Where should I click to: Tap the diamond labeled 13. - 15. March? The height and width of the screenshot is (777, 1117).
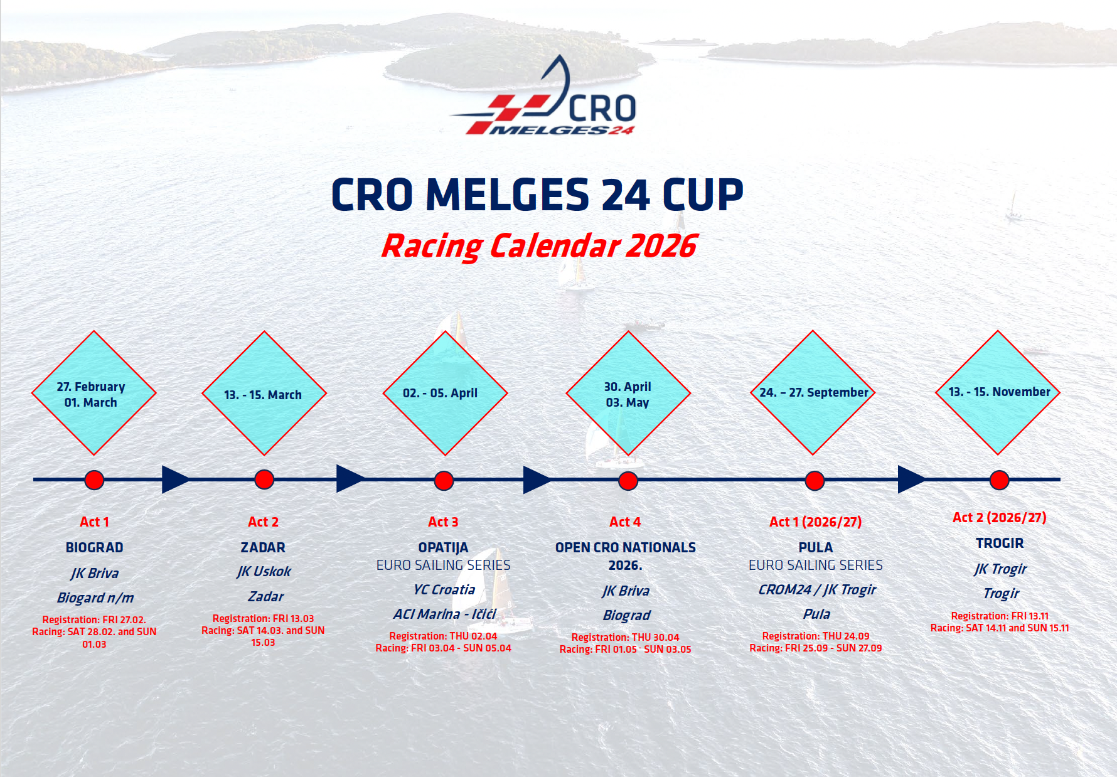tap(264, 394)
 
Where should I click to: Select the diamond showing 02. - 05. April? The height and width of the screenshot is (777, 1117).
tap(445, 394)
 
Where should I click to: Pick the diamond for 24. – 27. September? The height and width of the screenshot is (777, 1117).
tap(813, 392)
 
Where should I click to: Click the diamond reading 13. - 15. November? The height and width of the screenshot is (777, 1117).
tap(998, 392)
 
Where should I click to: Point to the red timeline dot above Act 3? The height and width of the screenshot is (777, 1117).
tap(444, 481)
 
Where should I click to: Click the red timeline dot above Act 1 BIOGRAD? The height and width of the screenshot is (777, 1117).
tap(94, 480)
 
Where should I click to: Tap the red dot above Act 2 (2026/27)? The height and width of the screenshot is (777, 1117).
tap(999, 480)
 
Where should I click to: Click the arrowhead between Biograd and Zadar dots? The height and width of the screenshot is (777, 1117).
tap(175, 480)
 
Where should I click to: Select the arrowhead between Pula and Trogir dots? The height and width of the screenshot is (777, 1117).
tap(911, 480)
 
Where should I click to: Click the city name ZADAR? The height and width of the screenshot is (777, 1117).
tap(263, 548)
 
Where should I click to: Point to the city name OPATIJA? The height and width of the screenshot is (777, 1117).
tap(443, 548)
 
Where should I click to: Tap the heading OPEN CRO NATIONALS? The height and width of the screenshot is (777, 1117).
tap(626, 548)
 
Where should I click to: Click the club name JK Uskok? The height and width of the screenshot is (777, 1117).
tap(264, 572)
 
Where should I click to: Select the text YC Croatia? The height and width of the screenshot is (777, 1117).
tap(444, 590)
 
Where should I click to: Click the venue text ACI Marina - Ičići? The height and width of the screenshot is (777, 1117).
tap(445, 614)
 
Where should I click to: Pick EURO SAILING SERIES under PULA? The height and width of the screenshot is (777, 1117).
tap(816, 565)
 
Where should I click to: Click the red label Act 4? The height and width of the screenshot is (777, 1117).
tap(625, 522)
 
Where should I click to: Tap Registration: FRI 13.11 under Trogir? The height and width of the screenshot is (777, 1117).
tap(1000, 616)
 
